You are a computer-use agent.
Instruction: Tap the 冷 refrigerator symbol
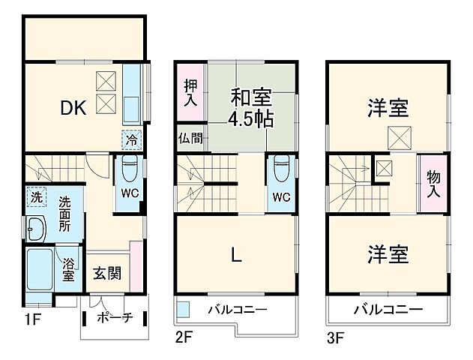pyautogui.click(x=132, y=139)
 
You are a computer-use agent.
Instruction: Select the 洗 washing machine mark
pyautogui.click(x=35, y=197)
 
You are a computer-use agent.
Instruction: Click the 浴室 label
pyautogui.click(x=68, y=270)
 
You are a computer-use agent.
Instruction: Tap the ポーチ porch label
pyautogui.click(x=115, y=318)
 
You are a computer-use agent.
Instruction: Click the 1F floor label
pyautogui.click(x=31, y=317)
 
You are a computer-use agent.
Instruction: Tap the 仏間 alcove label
pyautogui.click(x=190, y=138)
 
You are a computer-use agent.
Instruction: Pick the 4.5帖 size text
pyautogui.click(x=251, y=118)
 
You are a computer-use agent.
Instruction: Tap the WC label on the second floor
pyautogui.click(x=281, y=198)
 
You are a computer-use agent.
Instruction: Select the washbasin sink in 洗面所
pyautogui.click(x=36, y=227)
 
